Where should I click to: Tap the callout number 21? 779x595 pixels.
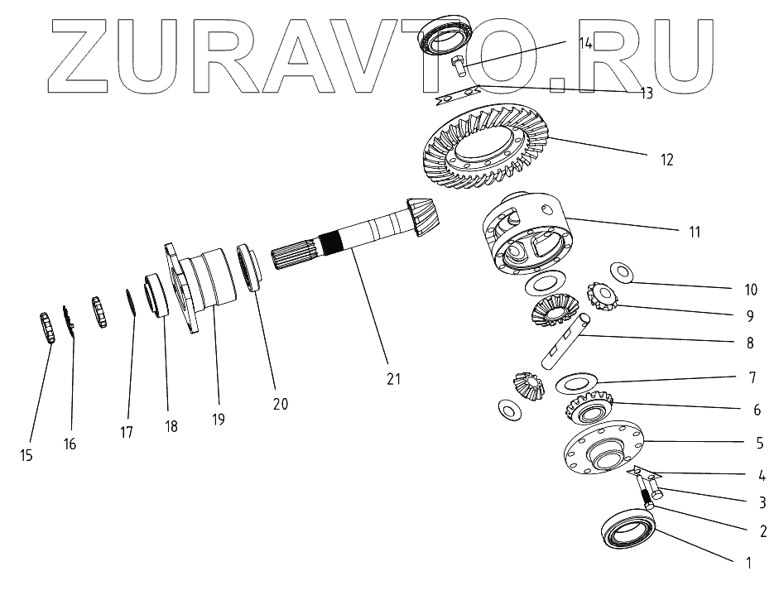393,379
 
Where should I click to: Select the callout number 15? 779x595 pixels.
28,455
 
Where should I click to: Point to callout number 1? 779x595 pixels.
748,564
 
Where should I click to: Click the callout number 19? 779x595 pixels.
218,419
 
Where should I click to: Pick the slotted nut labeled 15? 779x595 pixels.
46,327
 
